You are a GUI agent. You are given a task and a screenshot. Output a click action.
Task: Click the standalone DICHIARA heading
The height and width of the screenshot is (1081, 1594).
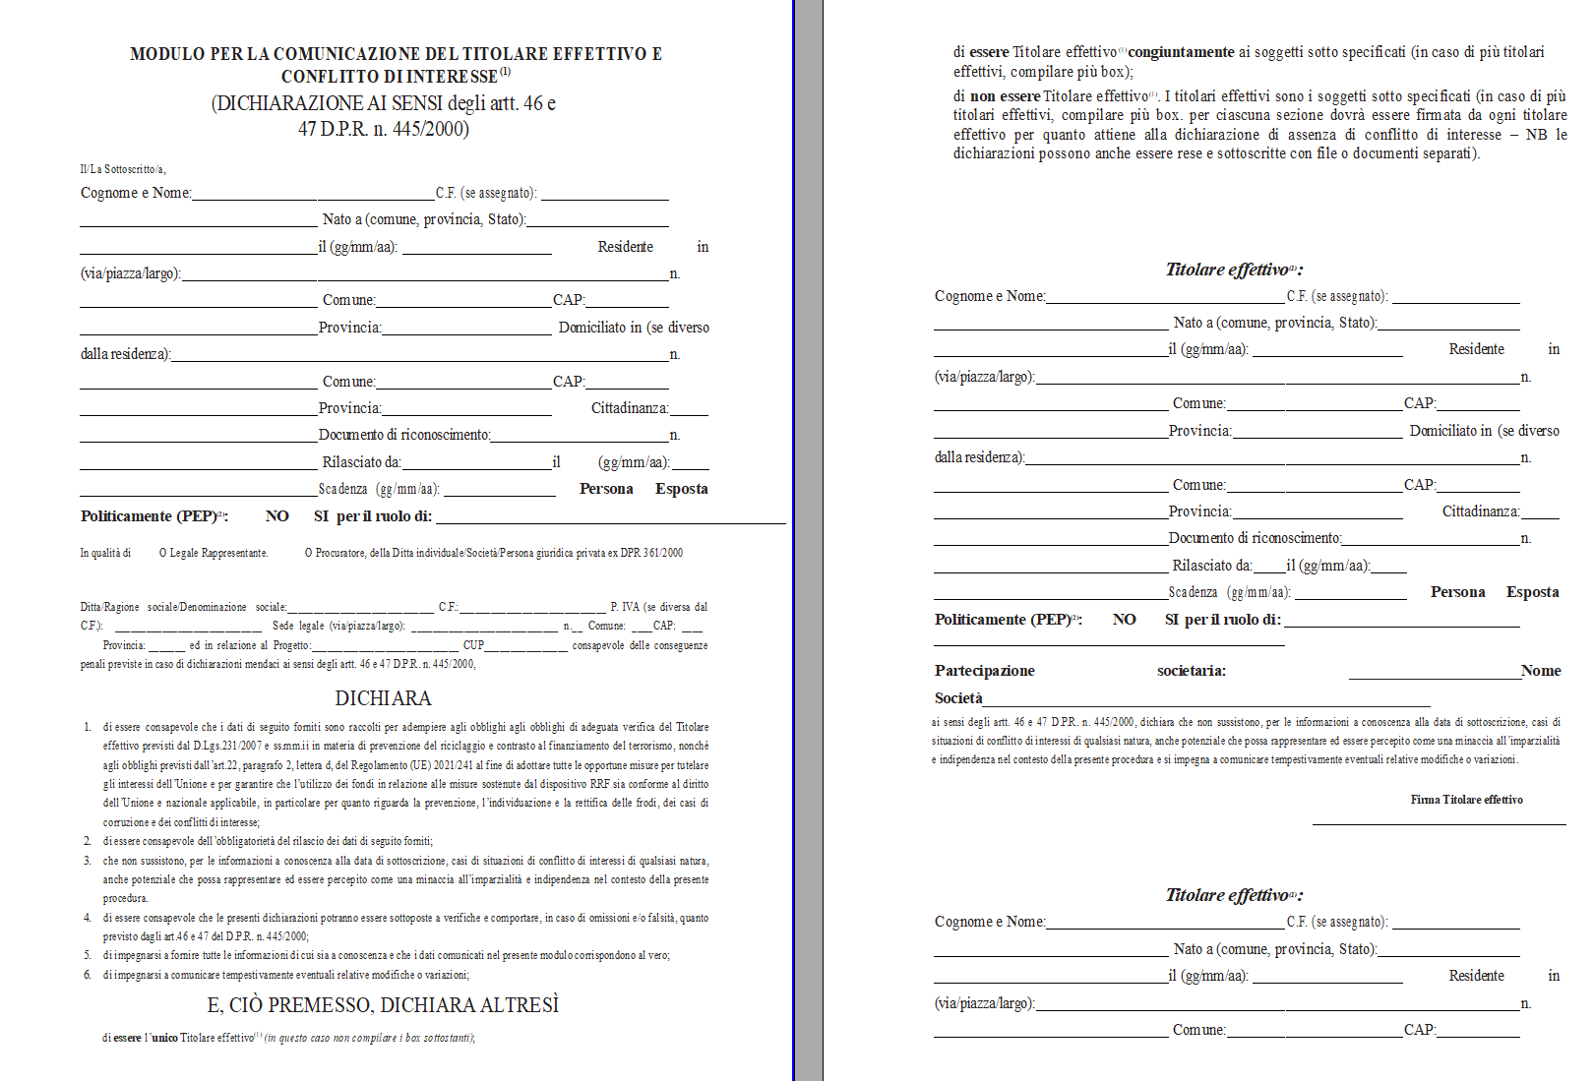tap(383, 698)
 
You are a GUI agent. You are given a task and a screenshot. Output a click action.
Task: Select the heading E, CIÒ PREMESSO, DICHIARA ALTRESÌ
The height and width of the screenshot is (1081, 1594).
tap(383, 1005)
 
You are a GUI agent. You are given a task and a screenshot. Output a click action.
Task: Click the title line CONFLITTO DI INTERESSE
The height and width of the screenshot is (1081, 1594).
tap(390, 77)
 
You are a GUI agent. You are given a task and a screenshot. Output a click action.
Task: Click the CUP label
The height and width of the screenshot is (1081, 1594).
tap(473, 645)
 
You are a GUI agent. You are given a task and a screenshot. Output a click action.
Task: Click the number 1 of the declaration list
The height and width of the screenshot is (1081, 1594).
tap(88, 727)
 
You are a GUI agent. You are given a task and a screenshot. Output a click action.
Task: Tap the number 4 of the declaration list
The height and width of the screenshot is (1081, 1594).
tap(88, 918)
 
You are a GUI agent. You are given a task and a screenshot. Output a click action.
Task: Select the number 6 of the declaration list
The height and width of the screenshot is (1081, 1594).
tap(88, 975)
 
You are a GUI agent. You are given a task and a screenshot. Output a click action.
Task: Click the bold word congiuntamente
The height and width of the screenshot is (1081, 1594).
tap(1181, 52)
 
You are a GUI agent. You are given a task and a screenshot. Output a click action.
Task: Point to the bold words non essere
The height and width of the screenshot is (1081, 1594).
tap(1005, 96)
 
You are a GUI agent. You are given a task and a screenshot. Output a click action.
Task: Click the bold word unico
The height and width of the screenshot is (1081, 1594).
tap(164, 1038)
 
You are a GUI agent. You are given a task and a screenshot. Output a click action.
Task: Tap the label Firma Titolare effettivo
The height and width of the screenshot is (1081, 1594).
tap(1466, 800)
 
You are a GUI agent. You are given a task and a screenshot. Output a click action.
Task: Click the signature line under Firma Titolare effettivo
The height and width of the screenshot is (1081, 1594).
tap(1439, 824)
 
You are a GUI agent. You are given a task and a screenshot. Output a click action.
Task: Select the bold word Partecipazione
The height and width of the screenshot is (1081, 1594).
tap(984, 671)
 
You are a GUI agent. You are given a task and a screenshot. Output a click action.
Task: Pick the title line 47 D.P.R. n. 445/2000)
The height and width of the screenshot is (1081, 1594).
tap(383, 129)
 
